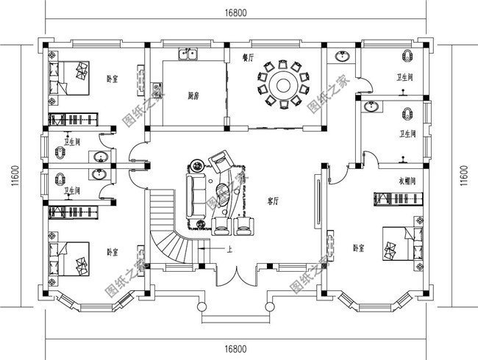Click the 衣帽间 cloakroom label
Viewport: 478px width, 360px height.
[408, 180]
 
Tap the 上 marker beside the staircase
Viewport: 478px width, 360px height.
[229, 249]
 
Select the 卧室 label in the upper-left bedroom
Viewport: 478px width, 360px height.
[112, 79]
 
